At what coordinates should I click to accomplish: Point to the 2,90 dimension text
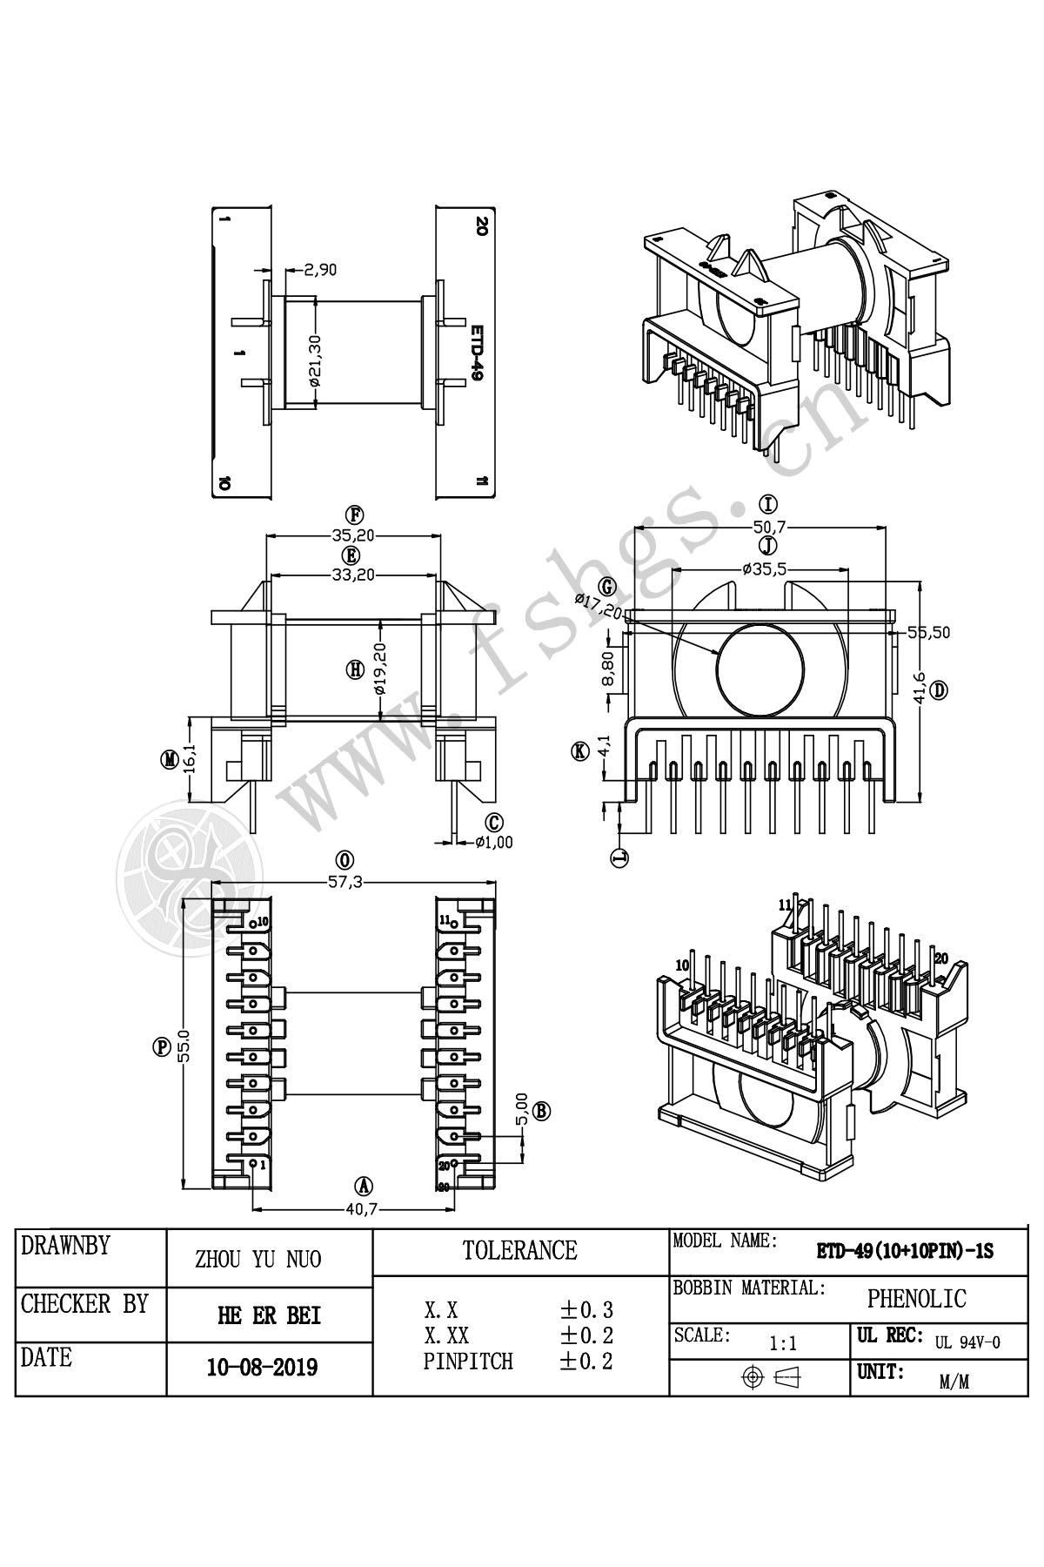point(320,270)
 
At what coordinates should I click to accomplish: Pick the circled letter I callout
point(768,504)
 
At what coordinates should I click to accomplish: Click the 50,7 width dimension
point(768,527)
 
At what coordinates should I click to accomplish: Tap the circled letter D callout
point(939,690)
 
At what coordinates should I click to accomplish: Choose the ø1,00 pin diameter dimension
point(494,842)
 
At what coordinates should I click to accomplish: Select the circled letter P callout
point(162,1047)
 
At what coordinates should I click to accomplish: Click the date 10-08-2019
point(262,1368)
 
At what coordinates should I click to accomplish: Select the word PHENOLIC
point(916,1299)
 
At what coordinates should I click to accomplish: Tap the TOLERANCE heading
point(519,1251)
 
